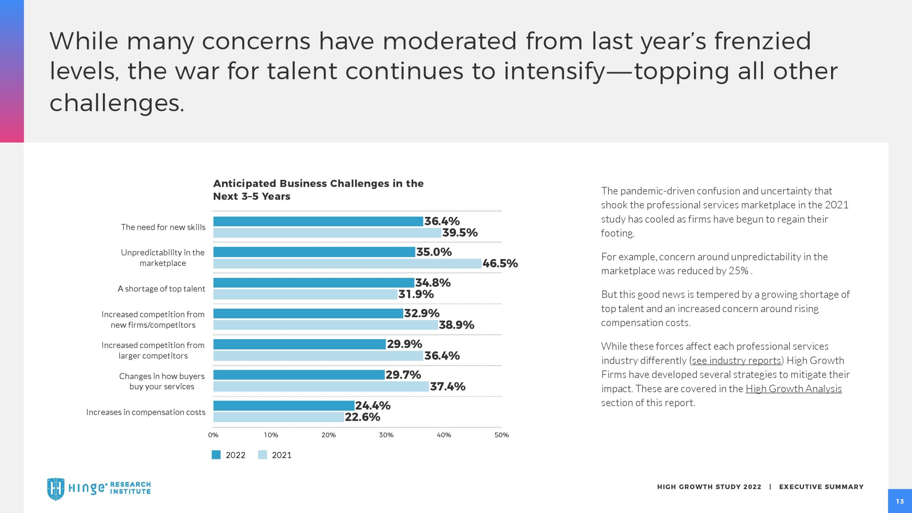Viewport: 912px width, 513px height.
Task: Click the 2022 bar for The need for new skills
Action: (x=318, y=221)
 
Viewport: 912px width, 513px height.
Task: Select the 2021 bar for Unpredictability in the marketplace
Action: (x=347, y=264)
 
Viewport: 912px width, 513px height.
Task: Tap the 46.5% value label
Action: (x=500, y=264)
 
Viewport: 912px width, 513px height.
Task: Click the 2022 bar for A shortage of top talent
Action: (x=314, y=283)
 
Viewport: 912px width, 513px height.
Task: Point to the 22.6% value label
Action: (x=362, y=417)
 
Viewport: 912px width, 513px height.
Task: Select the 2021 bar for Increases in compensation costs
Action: (x=279, y=417)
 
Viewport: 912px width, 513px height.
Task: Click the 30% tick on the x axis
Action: (x=386, y=435)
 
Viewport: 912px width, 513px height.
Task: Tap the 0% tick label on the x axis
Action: (x=213, y=435)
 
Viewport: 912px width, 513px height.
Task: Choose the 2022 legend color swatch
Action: (x=216, y=455)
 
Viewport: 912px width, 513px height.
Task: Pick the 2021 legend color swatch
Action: (x=262, y=455)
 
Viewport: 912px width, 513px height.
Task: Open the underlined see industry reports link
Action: (x=736, y=361)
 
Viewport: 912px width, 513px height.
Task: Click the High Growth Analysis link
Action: (x=793, y=389)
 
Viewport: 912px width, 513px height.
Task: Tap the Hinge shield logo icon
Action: (x=56, y=489)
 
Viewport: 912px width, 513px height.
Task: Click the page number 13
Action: (x=900, y=501)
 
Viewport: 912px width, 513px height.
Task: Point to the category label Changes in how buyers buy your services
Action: (x=162, y=381)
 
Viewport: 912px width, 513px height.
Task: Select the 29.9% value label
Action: (x=404, y=344)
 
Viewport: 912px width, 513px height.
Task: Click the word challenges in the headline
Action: (x=116, y=103)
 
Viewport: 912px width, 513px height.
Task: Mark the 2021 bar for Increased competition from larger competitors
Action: (x=318, y=356)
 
